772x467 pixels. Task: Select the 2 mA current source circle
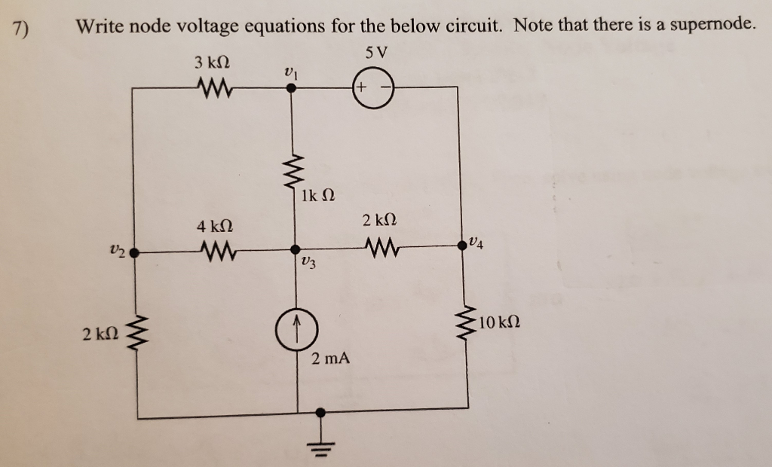(x=298, y=329)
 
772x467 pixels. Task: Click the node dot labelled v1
(x=293, y=87)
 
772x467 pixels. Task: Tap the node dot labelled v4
(x=460, y=245)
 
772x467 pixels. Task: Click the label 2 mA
(x=330, y=359)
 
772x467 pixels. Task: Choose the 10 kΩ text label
(x=499, y=324)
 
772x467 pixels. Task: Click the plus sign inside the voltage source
(x=362, y=87)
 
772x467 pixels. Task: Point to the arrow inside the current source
(x=298, y=326)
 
